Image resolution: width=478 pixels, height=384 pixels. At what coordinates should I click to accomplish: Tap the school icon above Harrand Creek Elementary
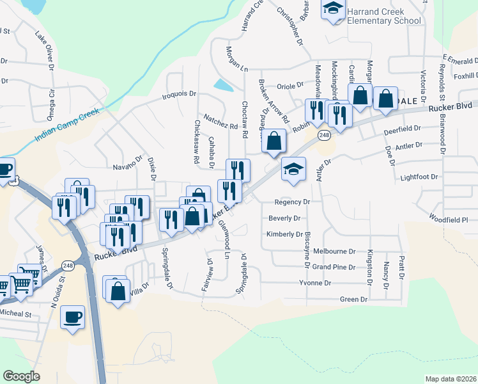pyautogui.click(x=332, y=8)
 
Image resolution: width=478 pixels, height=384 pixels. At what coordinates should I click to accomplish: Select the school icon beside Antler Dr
pyautogui.click(x=293, y=169)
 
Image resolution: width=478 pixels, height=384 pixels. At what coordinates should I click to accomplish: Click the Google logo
pyautogui.click(x=21, y=376)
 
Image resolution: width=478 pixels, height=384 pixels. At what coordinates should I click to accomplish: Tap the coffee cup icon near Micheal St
pyautogui.click(x=72, y=316)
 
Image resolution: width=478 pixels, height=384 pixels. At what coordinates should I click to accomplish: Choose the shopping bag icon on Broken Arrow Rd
pyautogui.click(x=274, y=141)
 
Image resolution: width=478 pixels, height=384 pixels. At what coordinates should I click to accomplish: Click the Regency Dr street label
pyautogui.click(x=292, y=202)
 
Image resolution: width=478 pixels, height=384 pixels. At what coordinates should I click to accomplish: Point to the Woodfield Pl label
pyautogui.click(x=448, y=219)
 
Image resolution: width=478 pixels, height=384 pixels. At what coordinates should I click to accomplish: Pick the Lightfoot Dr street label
pyautogui.click(x=420, y=177)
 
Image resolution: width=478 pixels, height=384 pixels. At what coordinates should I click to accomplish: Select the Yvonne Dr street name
pyautogui.click(x=315, y=282)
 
